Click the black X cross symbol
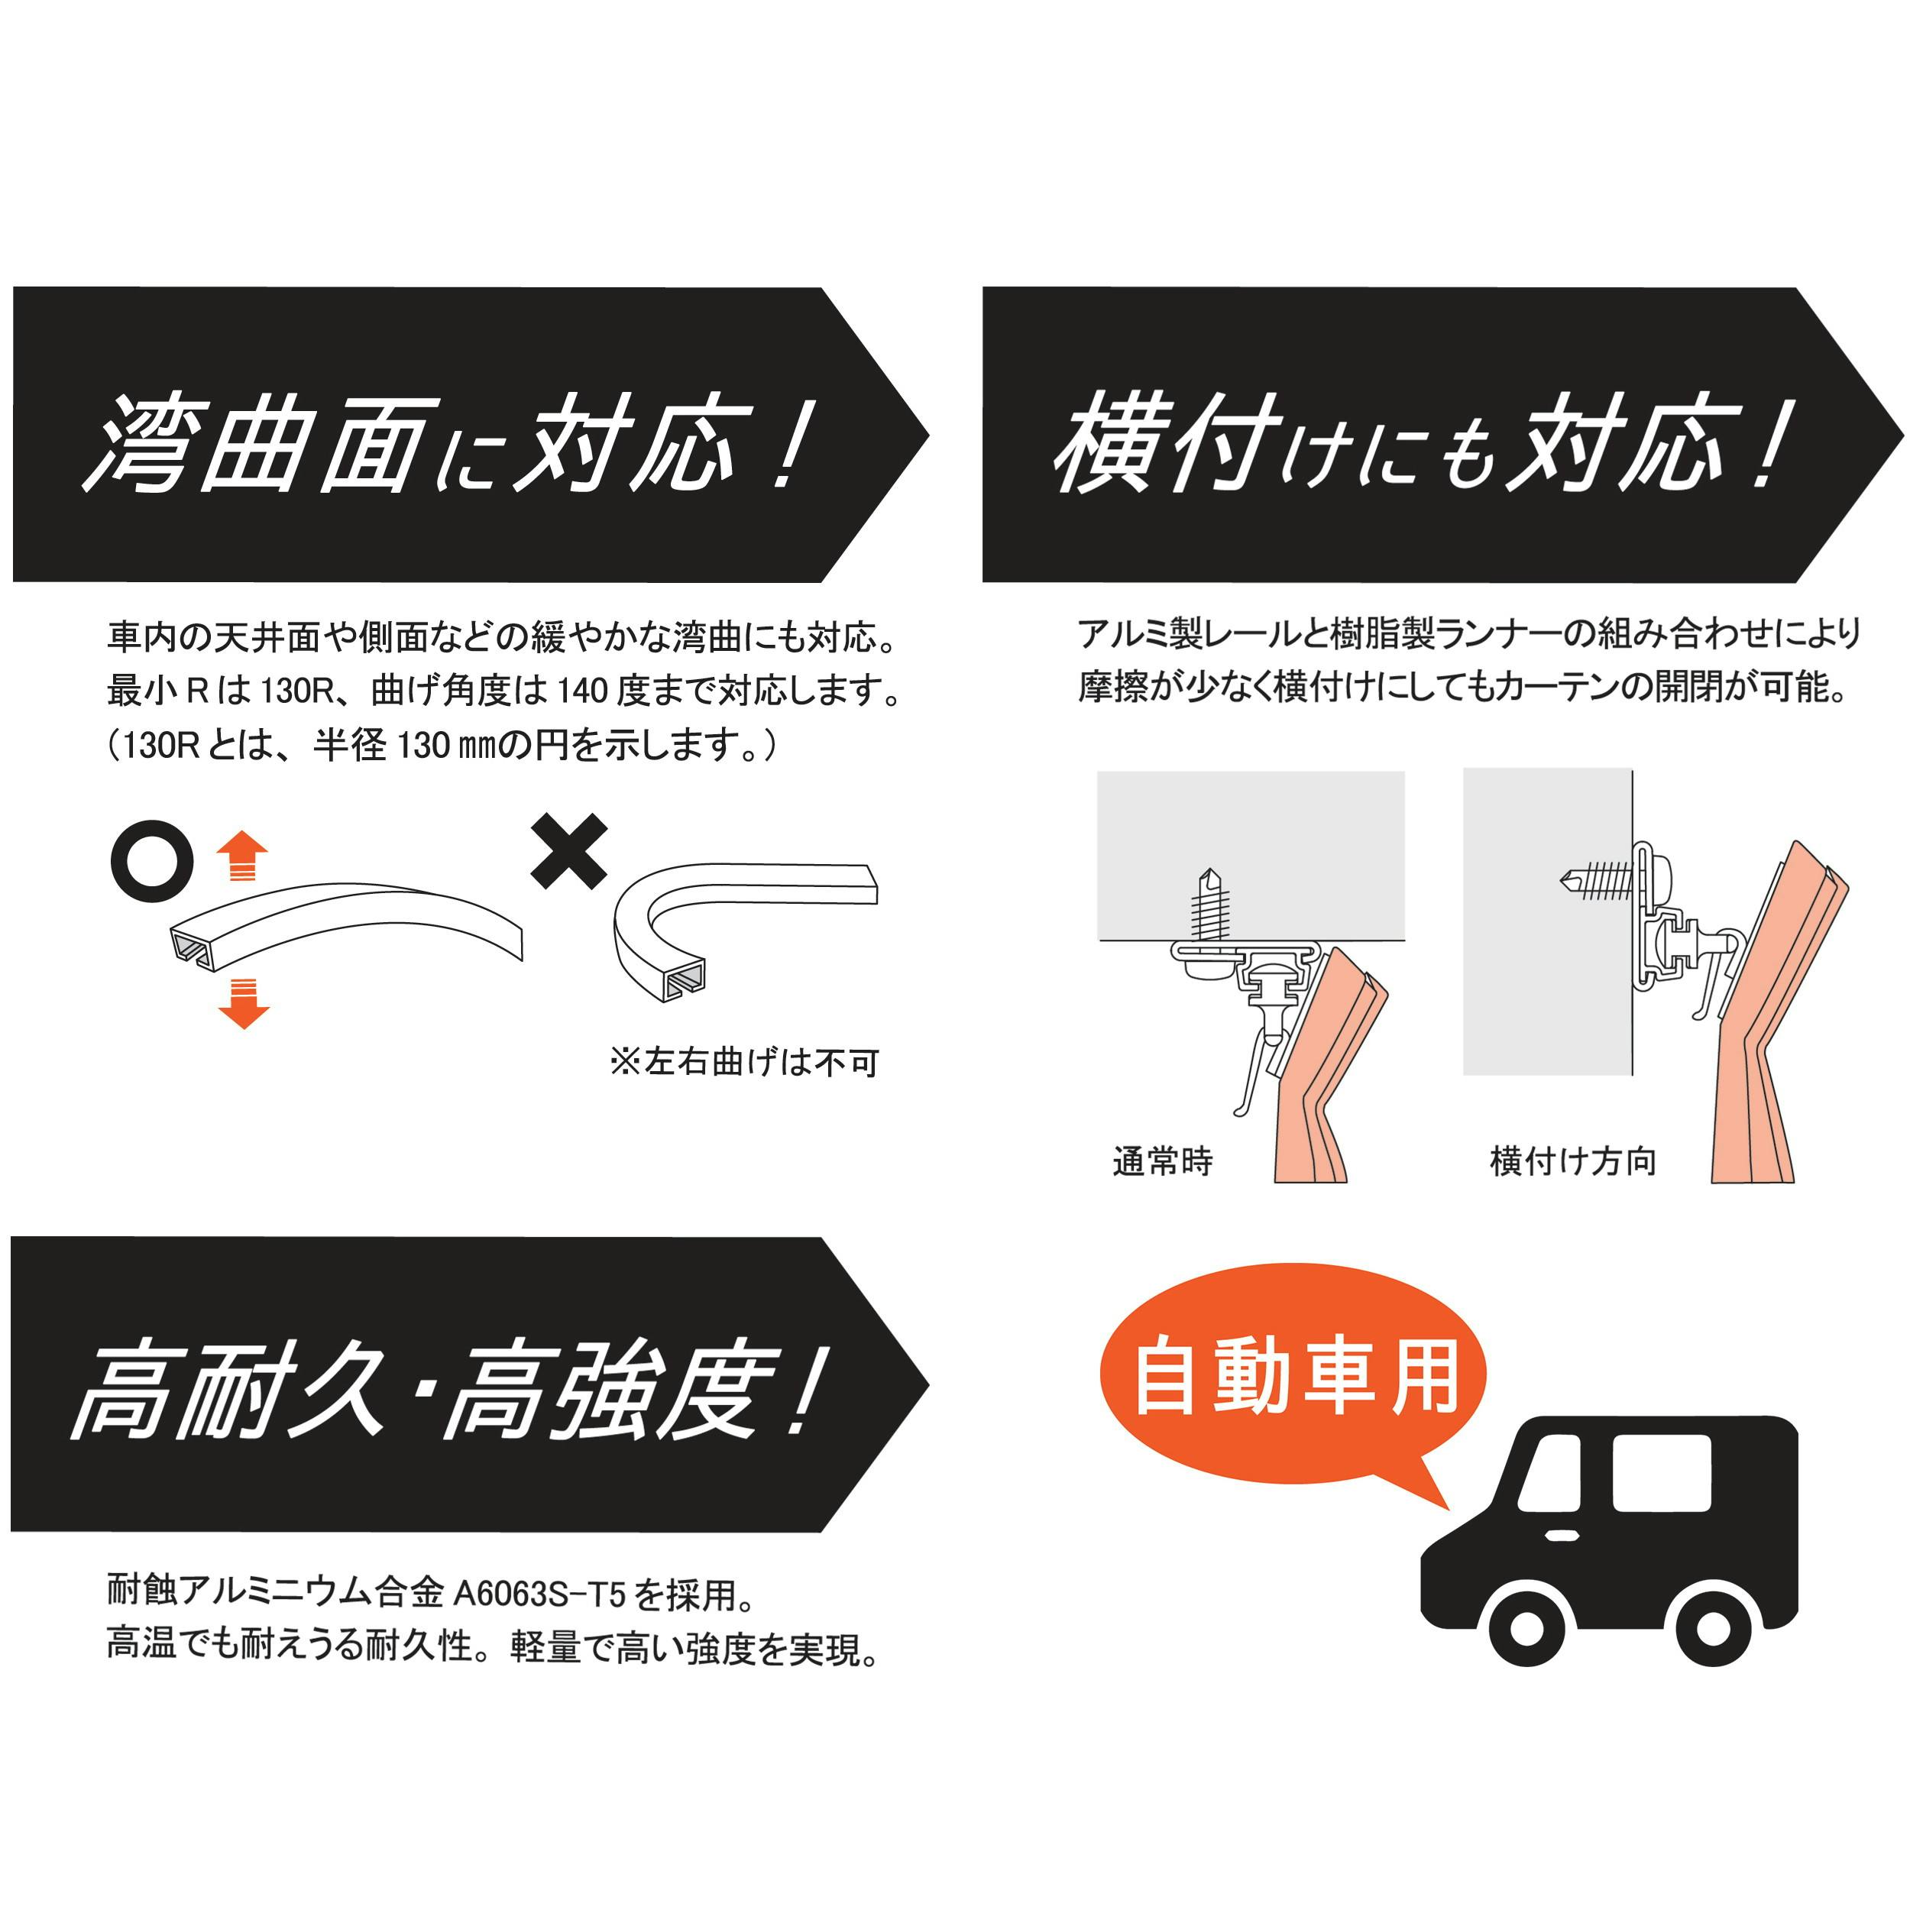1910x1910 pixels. click(x=568, y=851)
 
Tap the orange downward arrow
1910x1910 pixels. click(x=242, y=1003)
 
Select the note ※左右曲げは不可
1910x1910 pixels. click(x=744, y=1063)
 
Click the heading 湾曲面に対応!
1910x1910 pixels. click(x=450, y=443)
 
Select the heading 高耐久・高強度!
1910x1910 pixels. click(x=445, y=1389)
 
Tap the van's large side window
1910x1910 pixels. click(x=1661, y=1472)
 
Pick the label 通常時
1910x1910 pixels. click(x=1163, y=1161)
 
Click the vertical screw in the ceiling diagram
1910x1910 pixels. click(x=1210, y=905)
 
